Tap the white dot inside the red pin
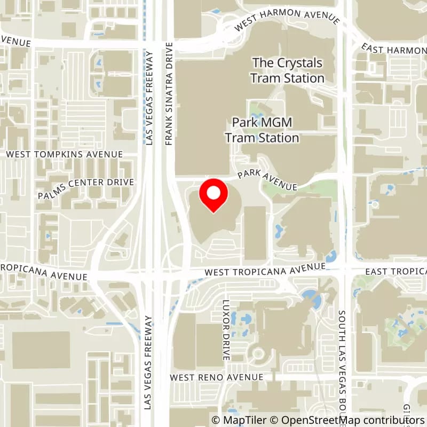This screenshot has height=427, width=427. coord(213,193)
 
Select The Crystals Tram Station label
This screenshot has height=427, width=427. coord(288,70)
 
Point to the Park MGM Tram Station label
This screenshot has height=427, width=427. coord(262,130)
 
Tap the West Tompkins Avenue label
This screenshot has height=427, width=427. coord(64,154)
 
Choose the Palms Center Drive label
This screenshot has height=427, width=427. coord(85,189)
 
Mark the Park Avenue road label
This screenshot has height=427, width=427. coord(267,180)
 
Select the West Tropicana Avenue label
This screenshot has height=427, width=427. coord(265,270)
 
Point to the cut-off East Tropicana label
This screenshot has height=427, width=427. coord(396,272)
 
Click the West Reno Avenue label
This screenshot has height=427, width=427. coord(217,377)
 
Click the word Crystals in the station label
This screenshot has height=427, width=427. coord(299,63)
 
